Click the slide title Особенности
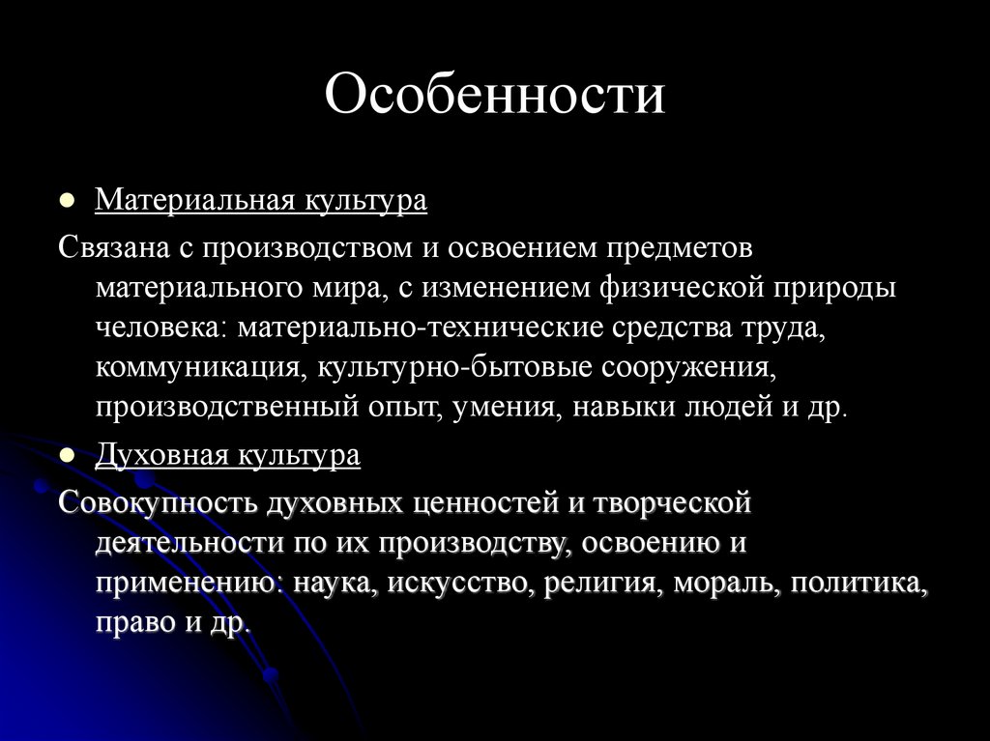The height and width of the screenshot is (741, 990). pos(494,96)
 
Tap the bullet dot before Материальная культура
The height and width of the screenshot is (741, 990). pos(67,203)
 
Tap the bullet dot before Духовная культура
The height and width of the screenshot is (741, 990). pos(67,457)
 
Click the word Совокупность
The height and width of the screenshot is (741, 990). pos(156,501)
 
